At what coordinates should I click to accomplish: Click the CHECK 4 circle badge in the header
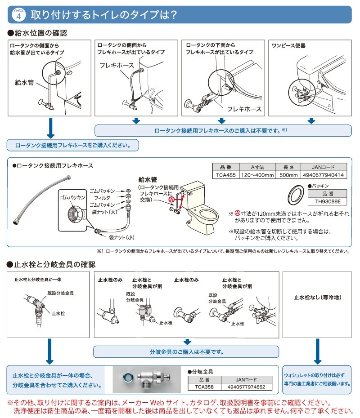click(x=17, y=15)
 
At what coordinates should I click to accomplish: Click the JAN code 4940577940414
click(x=324, y=174)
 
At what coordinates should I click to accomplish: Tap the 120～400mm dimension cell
click(x=257, y=174)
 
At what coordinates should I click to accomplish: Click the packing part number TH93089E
click(x=327, y=202)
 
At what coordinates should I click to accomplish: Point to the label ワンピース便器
click(x=289, y=45)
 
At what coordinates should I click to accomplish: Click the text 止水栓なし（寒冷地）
click(x=317, y=297)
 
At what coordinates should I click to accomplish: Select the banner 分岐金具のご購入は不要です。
click(x=186, y=351)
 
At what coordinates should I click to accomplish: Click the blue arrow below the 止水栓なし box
click(x=317, y=351)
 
